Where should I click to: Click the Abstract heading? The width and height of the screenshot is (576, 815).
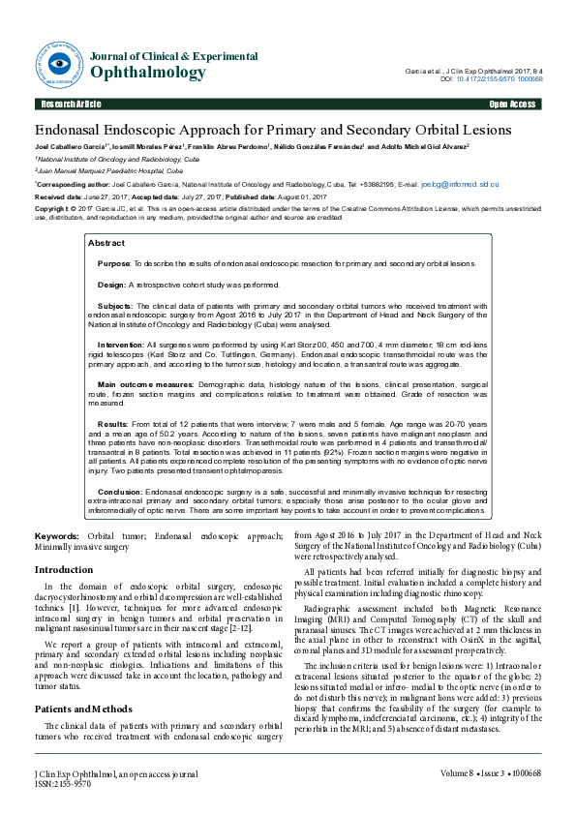(x=106, y=243)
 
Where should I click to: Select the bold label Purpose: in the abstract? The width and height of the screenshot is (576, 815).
(x=114, y=263)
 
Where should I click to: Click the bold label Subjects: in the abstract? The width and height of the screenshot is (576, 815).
(x=116, y=305)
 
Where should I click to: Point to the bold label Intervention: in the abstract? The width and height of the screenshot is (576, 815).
(x=121, y=344)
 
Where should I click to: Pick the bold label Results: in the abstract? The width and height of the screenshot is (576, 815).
(x=112, y=424)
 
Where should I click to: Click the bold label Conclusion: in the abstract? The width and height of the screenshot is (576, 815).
(x=120, y=492)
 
